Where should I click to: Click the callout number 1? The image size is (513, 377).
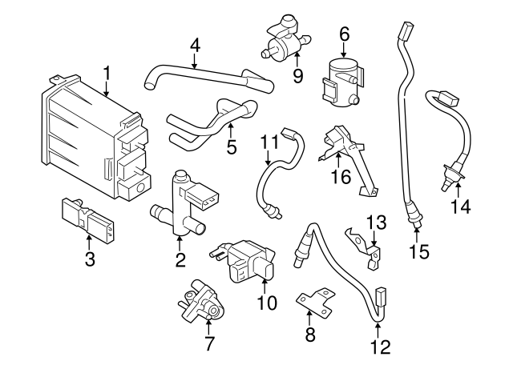[x=107, y=75]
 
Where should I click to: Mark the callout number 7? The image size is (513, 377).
[x=210, y=345]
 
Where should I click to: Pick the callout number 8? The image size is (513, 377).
[x=310, y=335]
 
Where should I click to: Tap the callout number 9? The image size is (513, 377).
[x=297, y=77]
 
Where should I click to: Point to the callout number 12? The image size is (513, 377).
[x=381, y=347]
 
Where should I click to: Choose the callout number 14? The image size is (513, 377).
[x=459, y=207]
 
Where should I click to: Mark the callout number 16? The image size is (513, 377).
[x=341, y=176]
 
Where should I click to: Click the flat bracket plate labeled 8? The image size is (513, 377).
[x=314, y=302]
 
